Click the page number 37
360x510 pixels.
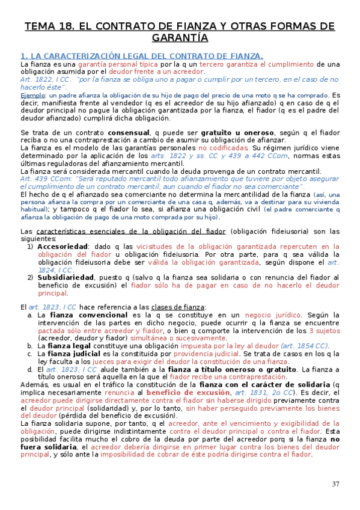coord(335,485)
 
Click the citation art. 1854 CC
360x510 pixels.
coord(305,346)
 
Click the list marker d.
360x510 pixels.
coord(31,369)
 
